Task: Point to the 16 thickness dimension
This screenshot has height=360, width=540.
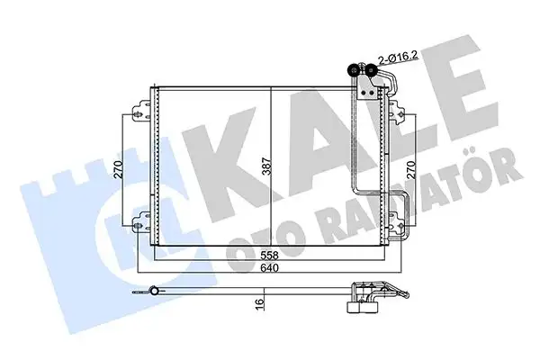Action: pyautogui.click(x=258, y=305)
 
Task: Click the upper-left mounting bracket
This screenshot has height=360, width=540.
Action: pyautogui.click(x=139, y=112)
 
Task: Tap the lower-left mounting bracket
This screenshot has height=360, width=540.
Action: pyautogui.click(x=139, y=220)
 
